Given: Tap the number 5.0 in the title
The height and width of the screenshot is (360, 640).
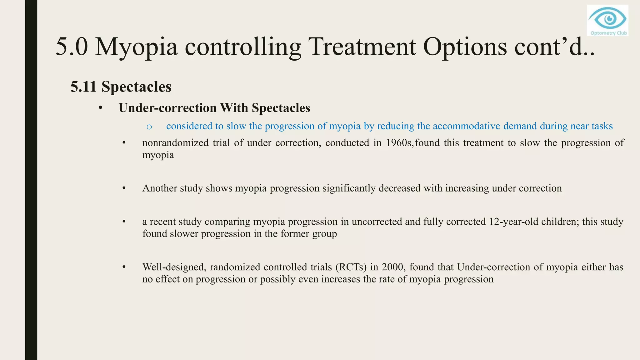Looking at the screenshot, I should pos(72,47).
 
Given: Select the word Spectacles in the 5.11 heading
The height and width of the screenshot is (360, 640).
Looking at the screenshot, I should pos(136,87).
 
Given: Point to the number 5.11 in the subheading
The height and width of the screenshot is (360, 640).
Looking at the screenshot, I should pos(83,87).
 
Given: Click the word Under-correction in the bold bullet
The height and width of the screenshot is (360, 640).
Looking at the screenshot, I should pos(167,108).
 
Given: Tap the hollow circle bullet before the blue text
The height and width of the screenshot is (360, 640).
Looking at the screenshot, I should pos(149,127).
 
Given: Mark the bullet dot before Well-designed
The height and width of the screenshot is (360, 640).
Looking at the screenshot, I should pos(124,267).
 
